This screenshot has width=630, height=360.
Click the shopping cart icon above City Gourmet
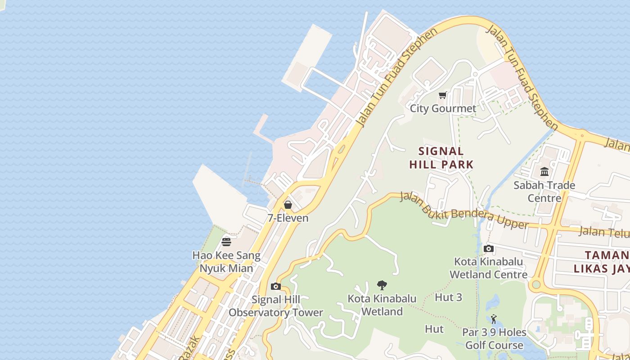[x=442, y=95]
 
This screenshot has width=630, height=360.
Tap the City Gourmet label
[x=443, y=108]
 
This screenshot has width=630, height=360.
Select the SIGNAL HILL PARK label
[x=441, y=158]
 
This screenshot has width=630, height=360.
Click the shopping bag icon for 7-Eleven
[x=288, y=205]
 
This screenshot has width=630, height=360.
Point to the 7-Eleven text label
[x=288, y=218]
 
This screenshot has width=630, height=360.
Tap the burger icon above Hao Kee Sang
[x=226, y=242]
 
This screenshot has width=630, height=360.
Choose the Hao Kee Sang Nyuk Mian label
[x=226, y=262]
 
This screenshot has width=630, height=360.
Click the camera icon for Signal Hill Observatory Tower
[x=276, y=286]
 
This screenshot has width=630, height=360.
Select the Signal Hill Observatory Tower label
[x=276, y=306]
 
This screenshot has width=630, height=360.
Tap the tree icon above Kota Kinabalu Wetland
[x=382, y=285]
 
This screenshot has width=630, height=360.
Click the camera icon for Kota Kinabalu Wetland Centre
[x=489, y=248]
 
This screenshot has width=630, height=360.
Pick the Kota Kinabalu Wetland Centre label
[x=489, y=268]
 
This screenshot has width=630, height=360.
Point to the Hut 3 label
[x=448, y=297]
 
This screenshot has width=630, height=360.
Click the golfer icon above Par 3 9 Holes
[x=494, y=319]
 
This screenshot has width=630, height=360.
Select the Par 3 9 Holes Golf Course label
[x=494, y=339]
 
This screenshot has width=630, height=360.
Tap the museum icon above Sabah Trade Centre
[x=544, y=171]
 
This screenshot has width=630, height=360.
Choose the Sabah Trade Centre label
[x=544, y=192]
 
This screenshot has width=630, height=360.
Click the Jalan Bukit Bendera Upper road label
[x=463, y=211]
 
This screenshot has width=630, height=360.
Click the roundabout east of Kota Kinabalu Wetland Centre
[x=535, y=284]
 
